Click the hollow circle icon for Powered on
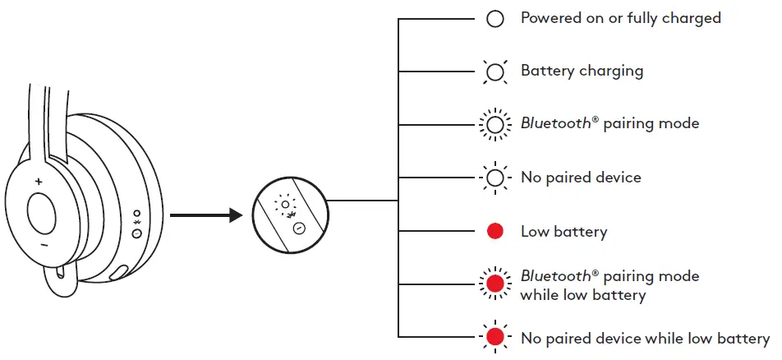(494, 19)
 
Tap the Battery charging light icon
(494, 72)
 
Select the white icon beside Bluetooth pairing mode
(494, 125)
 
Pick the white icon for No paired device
(494, 178)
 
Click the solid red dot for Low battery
(494, 231)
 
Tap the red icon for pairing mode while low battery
(494, 284)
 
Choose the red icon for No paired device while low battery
(494, 337)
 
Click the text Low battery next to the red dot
(563, 232)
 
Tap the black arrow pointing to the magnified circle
(205, 216)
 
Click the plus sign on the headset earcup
(39, 180)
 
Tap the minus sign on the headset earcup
(43, 245)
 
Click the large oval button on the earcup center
(42, 213)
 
